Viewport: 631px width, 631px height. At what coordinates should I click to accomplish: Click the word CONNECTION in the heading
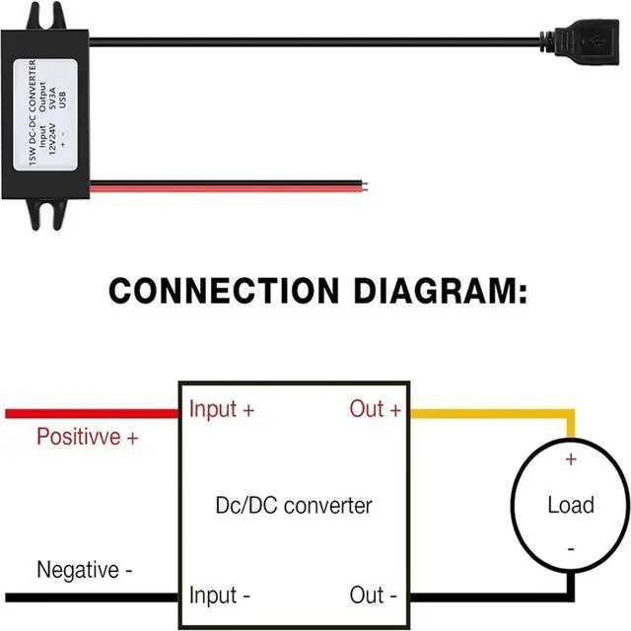226,292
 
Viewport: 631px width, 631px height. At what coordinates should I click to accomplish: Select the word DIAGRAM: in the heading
440,292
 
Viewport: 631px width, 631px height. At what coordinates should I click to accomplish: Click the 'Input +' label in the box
222,409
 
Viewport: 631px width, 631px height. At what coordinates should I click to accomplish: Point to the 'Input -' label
219,596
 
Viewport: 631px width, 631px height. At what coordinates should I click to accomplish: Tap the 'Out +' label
376,409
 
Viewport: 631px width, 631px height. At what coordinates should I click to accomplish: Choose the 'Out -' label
374,596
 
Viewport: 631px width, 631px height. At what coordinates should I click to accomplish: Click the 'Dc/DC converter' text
293,506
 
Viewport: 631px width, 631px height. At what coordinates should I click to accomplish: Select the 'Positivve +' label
87,437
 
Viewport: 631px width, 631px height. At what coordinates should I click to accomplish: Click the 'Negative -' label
84,570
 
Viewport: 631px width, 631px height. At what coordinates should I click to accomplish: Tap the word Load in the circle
571,506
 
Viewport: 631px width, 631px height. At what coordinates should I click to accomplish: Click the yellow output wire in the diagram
493,412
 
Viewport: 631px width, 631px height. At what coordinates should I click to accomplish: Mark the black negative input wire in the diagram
89,596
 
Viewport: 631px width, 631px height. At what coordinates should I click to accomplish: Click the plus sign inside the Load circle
570,459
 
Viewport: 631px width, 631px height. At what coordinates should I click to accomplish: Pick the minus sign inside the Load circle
570,549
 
